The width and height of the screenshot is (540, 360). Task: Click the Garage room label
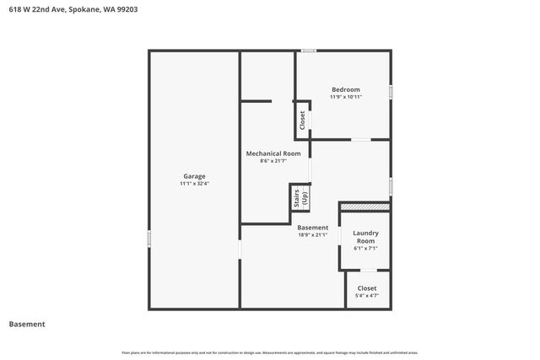coord(194,175)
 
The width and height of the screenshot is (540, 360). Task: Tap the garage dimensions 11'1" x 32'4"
coord(194,183)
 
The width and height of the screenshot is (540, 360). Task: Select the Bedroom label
coord(345,89)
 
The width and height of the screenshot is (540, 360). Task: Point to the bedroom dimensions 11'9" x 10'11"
coord(345,97)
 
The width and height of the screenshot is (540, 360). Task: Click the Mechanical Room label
coord(273,153)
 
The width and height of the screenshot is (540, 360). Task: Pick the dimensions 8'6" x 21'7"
coord(273,160)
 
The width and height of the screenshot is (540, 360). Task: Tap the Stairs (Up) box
coord(300,199)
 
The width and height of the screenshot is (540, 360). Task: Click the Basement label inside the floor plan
coord(313,228)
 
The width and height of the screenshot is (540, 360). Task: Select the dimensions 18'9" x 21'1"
coord(313,235)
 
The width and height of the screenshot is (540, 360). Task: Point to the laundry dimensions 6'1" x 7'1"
coord(365,248)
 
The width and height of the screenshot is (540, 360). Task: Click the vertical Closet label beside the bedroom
coord(302,120)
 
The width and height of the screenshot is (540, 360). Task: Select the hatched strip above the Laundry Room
coord(365,207)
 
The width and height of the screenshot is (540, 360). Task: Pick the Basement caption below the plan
coord(27,324)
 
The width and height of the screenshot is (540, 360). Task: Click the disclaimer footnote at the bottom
coord(269,352)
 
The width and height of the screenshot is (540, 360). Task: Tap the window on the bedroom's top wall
coord(310,51)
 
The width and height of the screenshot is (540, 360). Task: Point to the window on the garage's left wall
coord(149,239)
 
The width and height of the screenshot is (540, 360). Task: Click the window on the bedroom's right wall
coord(391,90)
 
